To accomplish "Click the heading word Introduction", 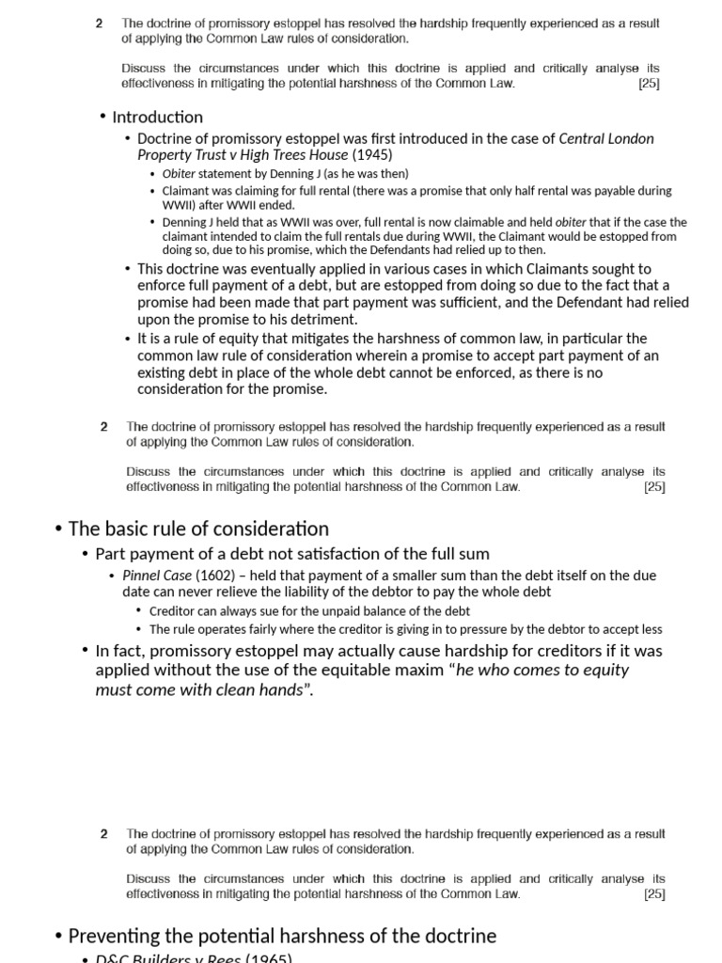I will tap(157, 118).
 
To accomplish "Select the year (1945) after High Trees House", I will tap(372, 155).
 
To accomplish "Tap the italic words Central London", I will tap(606, 139).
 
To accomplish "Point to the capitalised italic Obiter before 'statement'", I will tap(179, 174).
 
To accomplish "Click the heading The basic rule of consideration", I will tap(198, 529).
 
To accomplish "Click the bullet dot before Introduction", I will tap(102, 118).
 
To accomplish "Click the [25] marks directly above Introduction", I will tap(649, 83).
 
